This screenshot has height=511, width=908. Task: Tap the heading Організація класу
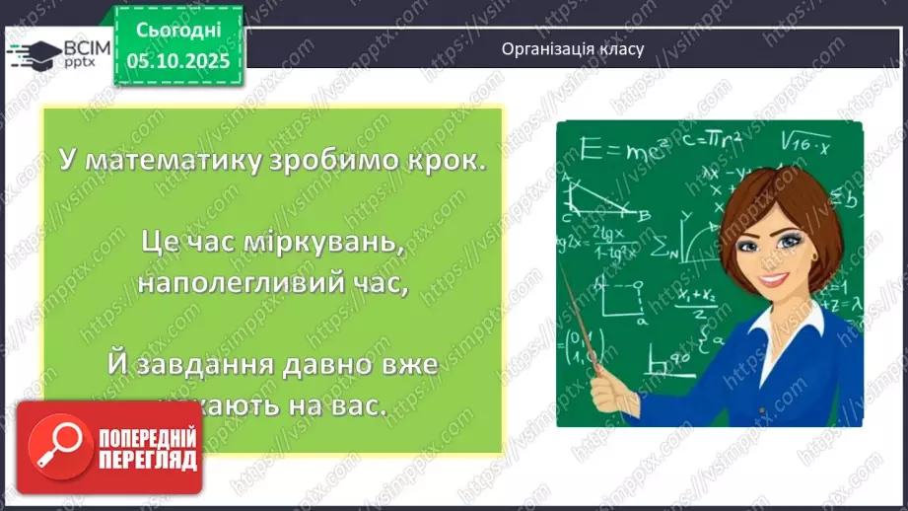(572, 48)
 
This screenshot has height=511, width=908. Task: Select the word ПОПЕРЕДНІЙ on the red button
(145, 437)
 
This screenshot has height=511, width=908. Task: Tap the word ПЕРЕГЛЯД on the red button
(145, 460)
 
